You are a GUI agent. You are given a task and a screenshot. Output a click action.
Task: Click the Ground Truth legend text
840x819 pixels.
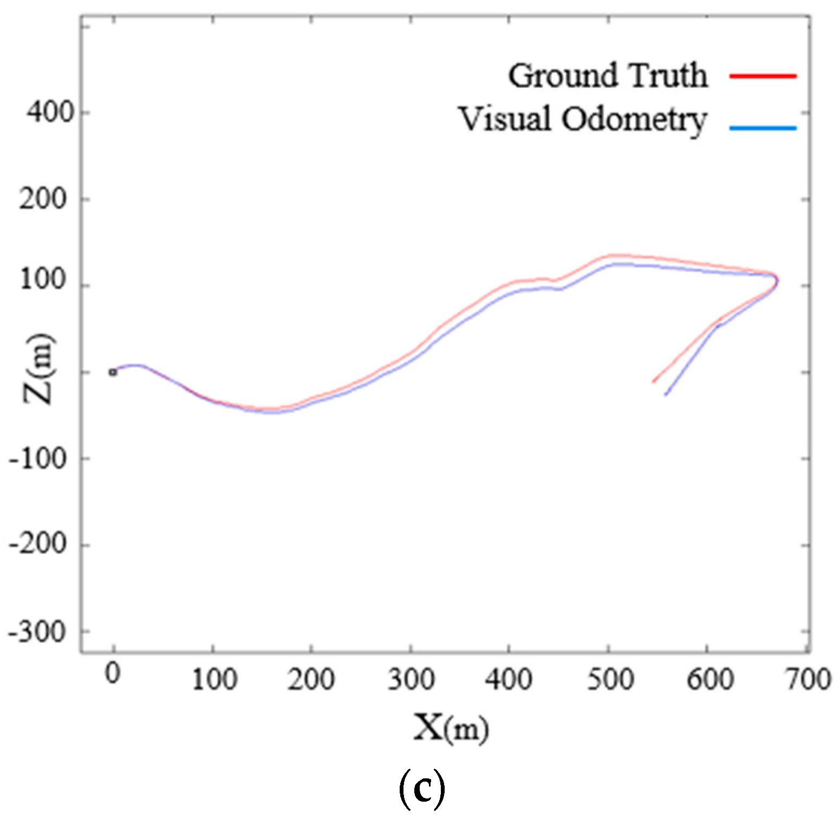coord(608,75)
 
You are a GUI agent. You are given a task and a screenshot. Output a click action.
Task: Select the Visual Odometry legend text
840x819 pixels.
coord(583,119)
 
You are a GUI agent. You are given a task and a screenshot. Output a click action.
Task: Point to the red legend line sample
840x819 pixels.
coord(763,76)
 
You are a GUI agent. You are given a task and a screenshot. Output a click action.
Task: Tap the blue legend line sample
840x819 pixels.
coord(763,128)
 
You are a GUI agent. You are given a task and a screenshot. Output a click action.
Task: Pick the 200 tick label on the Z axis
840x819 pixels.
coord(43,199)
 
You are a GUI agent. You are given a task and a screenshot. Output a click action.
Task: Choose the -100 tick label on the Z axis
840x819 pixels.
coord(38,458)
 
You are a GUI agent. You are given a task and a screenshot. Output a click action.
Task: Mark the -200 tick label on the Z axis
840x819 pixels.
coord(38,544)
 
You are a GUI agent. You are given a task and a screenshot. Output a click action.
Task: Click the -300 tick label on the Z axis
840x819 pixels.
coord(38,632)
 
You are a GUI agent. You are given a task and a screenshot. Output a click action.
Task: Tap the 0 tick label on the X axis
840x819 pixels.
coord(113,674)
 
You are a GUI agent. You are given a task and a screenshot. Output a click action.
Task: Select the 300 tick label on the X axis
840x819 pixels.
coord(411,679)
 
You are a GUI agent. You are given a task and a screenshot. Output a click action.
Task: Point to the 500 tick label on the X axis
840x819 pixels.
coord(610,679)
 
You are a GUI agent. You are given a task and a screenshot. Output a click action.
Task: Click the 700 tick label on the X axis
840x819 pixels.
coord(808,679)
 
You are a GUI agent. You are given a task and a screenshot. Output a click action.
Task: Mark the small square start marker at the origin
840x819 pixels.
coord(113,372)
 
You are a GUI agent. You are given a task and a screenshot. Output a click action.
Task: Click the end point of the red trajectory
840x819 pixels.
coord(653,382)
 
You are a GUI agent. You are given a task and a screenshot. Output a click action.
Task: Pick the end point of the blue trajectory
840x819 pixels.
coord(665,395)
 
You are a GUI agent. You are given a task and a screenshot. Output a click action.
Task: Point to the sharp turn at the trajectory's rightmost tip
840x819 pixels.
coord(777,280)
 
